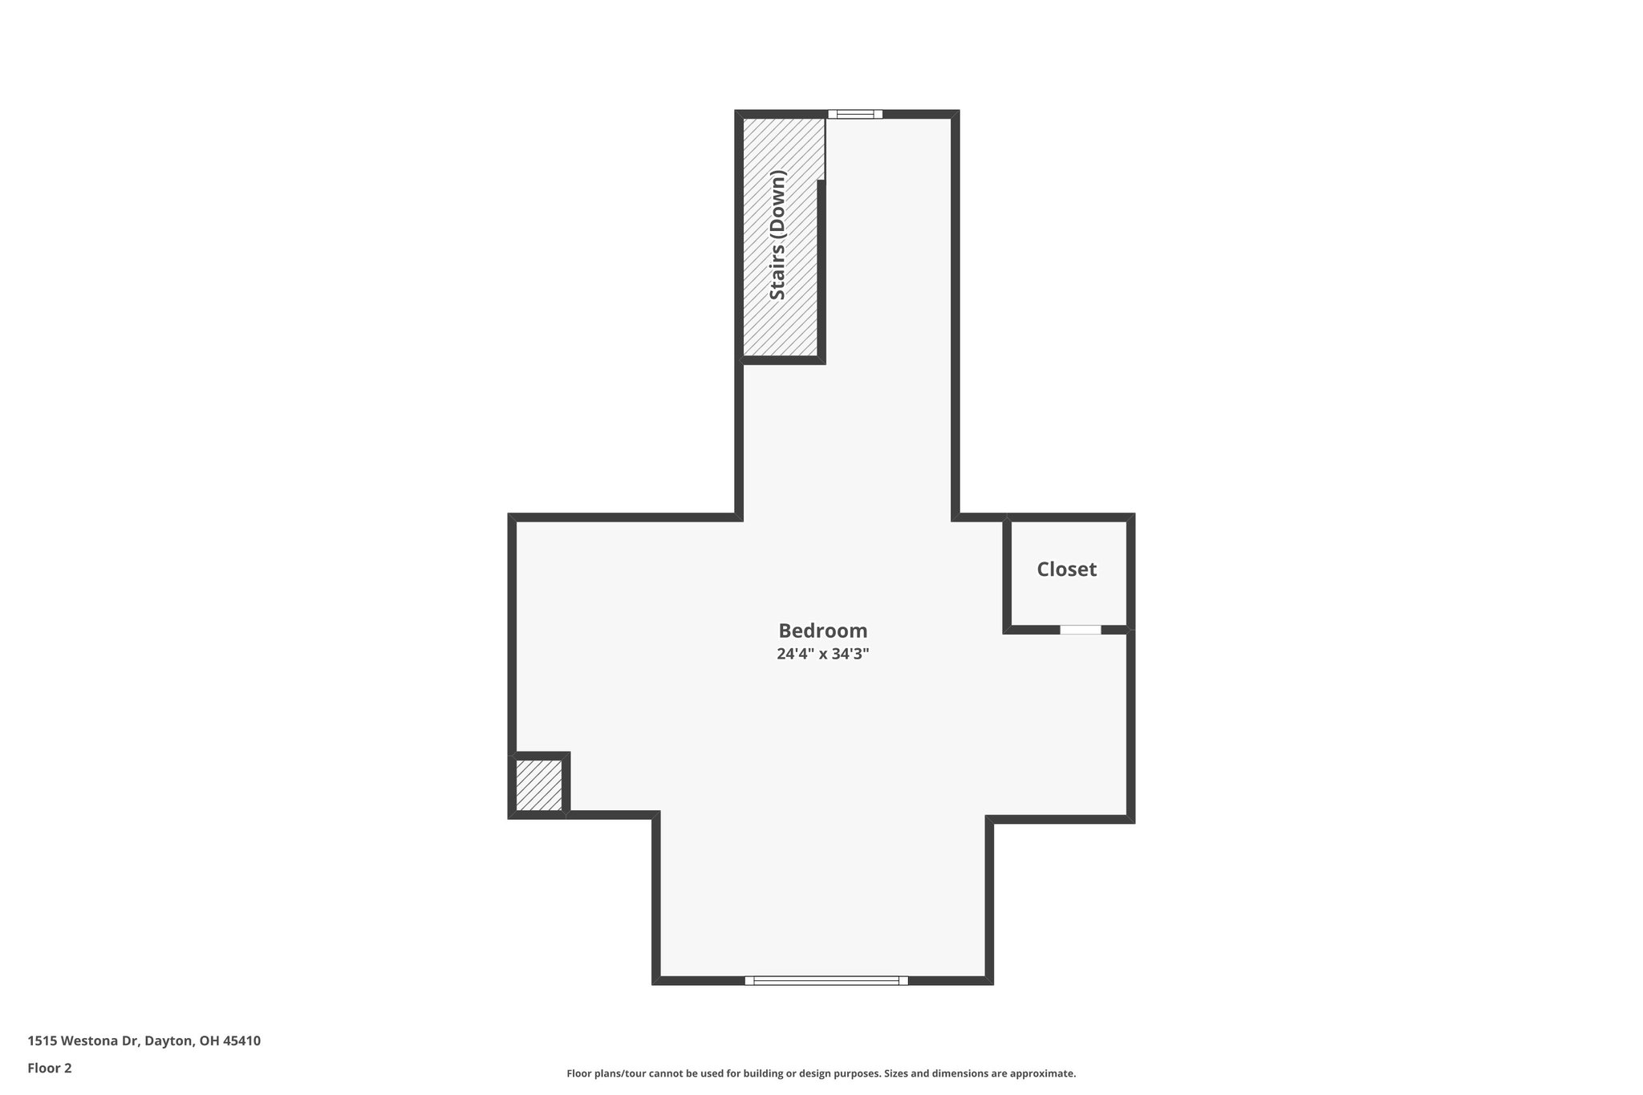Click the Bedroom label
coord(822,631)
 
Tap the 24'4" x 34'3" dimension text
coord(822,654)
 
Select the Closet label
coord(1066,570)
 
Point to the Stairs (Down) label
coord(777,235)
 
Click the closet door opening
coord(1080,630)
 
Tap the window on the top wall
coord(855,114)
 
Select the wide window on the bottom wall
coord(826,980)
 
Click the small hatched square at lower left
coord(538,785)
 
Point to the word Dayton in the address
coord(168,1041)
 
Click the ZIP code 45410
coord(241,1041)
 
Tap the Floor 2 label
coord(50,1068)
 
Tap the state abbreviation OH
coord(209,1041)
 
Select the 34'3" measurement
coord(850,654)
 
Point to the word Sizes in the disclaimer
coord(897,1073)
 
